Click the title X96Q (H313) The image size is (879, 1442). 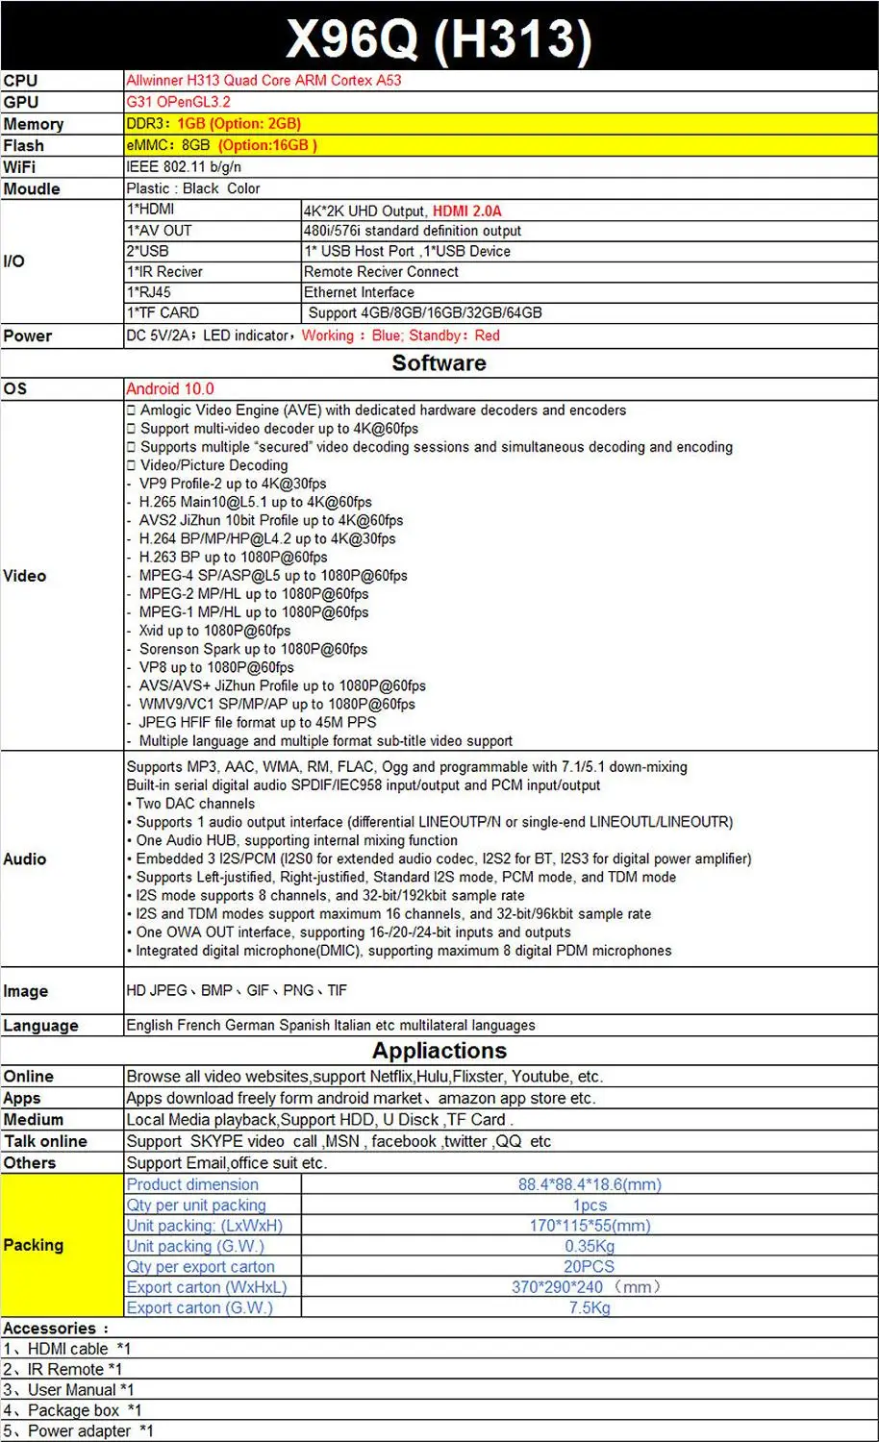point(439,38)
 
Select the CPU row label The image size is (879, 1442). point(20,81)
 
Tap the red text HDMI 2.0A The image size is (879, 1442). point(466,211)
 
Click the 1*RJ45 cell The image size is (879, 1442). point(149,292)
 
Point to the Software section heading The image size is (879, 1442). point(439,363)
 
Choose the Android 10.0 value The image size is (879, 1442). point(170,389)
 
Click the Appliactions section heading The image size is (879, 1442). point(439,1051)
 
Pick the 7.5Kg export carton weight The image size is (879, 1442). point(589,1307)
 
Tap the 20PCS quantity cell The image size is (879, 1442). point(589,1267)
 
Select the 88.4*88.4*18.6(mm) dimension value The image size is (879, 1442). point(589,1184)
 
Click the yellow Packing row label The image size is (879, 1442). point(34,1245)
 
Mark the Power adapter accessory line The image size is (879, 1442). point(79,1430)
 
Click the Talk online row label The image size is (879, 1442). point(45,1141)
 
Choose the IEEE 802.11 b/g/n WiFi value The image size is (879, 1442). point(184,167)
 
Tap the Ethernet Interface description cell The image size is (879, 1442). point(359,292)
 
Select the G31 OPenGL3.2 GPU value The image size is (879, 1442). point(178,102)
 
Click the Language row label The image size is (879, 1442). point(40,1026)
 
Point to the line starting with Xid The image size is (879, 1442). point(213,631)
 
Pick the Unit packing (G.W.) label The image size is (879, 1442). point(195,1246)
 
